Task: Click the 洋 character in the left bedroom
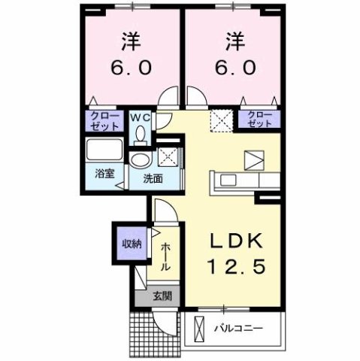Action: pos(132,39)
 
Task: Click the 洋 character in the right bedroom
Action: pos(232,39)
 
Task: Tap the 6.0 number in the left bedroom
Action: pos(132,68)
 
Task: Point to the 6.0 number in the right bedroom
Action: pos(232,68)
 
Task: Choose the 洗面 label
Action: pos(154,179)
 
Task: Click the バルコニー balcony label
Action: pos(244,329)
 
